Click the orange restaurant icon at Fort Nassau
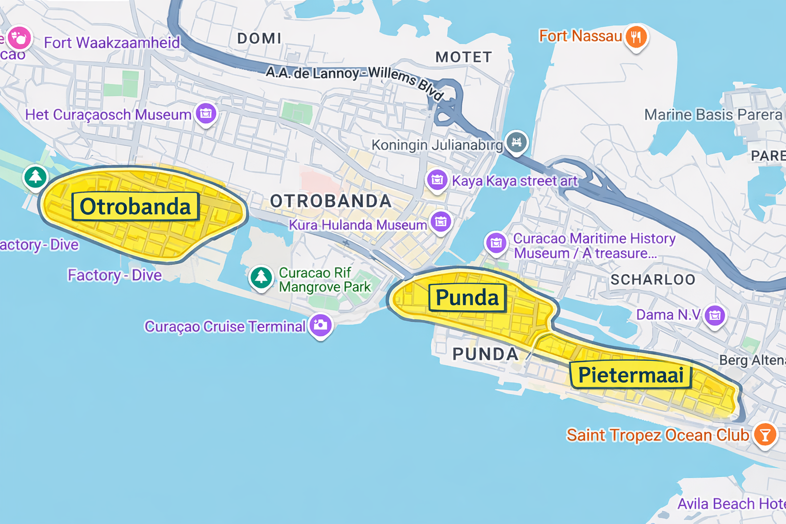coord(636,37)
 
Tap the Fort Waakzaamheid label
coord(112,42)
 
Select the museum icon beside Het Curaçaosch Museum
coord(206,113)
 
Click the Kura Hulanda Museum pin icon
coord(441,222)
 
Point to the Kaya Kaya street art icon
coord(437,180)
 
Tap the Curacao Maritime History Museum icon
coord(496,243)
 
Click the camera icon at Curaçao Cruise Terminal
coord(321,325)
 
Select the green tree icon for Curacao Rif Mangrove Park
coord(261,277)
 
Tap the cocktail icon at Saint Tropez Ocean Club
coord(765,435)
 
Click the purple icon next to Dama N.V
coord(715,315)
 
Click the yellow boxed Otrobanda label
coord(135,207)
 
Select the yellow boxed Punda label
coord(467,298)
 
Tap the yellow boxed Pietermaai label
coord(630,375)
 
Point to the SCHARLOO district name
coord(653,279)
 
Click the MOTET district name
coord(464,57)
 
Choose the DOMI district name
coord(259,38)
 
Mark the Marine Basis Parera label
coord(713,115)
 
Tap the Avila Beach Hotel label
coord(731,504)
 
